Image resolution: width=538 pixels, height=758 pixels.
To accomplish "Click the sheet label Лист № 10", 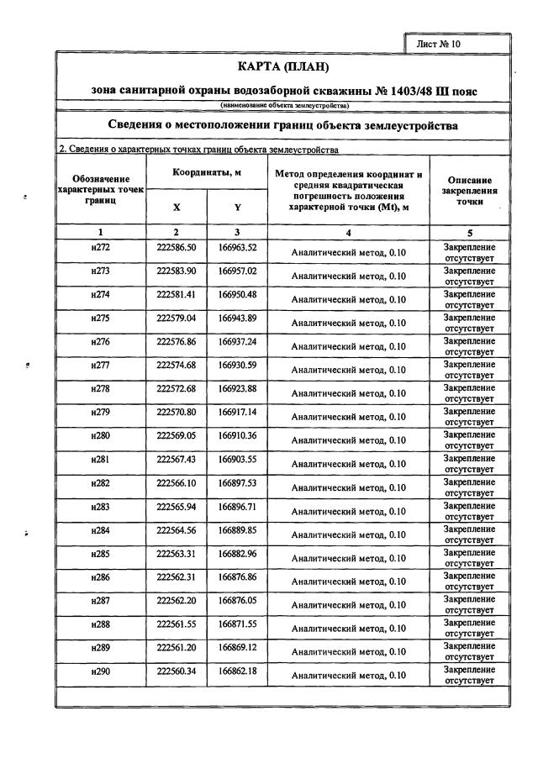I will coord(439,43).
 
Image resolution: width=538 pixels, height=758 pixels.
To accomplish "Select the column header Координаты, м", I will coord(207,171).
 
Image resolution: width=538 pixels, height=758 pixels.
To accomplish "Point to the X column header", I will coord(177,207).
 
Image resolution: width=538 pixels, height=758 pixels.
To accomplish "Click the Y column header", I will coord(238,207).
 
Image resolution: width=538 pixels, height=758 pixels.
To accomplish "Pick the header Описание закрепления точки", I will coord(470,191).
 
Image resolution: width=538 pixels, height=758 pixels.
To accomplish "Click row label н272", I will coord(100,248).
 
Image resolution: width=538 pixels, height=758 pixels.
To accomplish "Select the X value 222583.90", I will coord(177,271).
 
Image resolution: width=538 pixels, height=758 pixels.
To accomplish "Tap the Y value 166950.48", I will coord(238,295).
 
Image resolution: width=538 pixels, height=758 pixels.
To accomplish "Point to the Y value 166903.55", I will coord(238,459).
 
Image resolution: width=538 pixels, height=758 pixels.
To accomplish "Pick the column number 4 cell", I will coord(348,232).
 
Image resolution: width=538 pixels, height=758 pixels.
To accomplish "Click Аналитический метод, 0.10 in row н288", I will coord(348,627).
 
